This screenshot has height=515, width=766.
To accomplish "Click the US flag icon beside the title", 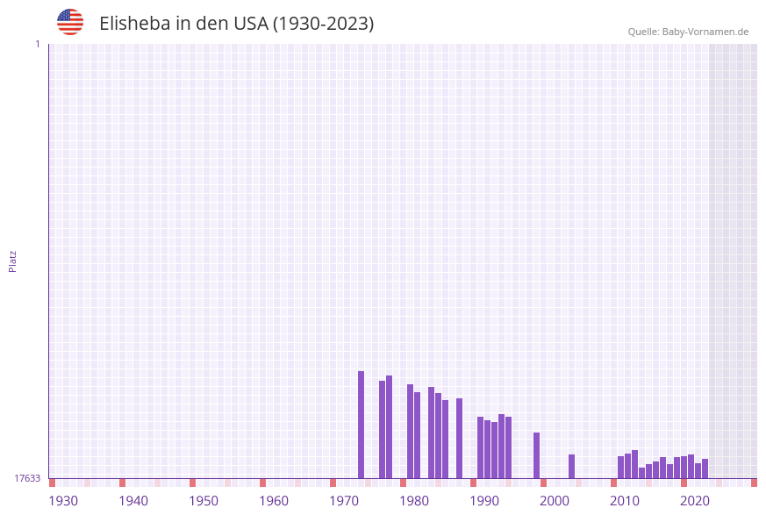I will click(x=70, y=22).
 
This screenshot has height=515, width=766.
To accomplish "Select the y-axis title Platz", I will click(x=13, y=261).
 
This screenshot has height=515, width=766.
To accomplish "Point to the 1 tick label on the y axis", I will click(x=38, y=44).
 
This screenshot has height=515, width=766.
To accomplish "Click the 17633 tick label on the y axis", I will click(x=27, y=478).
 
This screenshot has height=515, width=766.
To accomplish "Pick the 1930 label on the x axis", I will click(x=63, y=501).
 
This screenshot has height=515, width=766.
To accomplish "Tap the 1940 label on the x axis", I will click(x=133, y=501).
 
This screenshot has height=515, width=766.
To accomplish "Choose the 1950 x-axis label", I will click(x=204, y=501).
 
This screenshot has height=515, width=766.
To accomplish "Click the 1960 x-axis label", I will click(x=274, y=501).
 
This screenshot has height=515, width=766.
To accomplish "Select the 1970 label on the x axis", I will click(x=344, y=501).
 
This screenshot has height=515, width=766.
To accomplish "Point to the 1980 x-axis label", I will click(x=414, y=501).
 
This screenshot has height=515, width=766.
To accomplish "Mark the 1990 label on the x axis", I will click(x=484, y=501).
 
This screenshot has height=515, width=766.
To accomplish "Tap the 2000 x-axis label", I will click(x=555, y=501).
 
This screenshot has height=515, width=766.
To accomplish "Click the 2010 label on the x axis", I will click(x=625, y=501).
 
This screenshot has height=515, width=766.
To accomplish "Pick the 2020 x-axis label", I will click(x=695, y=501).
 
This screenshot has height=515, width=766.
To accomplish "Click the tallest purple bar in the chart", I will click(x=361, y=425).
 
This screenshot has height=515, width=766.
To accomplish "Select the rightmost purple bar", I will click(x=705, y=469).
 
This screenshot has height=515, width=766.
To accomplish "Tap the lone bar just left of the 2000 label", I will click(x=536, y=455).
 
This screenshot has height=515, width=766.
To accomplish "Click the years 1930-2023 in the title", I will click(x=324, y=24).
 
